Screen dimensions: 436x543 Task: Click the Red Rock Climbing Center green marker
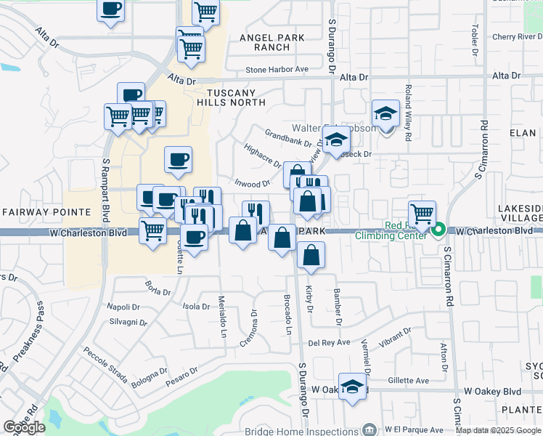click(438, 231)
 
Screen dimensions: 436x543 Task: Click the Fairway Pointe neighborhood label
click(46, 212)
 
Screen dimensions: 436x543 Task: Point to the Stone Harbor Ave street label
click(277, 70)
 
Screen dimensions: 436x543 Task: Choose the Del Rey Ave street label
click(329, 342)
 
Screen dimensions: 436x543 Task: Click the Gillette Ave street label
click(407, 380)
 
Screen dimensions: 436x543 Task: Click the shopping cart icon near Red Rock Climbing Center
click(422, 213)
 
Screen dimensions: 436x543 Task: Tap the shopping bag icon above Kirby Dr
click(311, 255)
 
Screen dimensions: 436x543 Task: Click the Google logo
click(25, 427)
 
